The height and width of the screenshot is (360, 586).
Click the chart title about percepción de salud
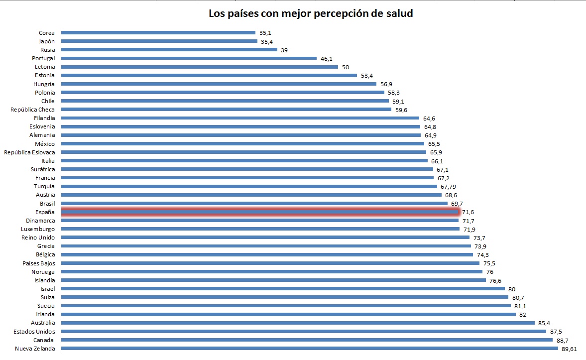310,13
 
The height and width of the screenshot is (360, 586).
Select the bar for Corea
158,33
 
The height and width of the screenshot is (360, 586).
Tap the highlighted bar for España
259,212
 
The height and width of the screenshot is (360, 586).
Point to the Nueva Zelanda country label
35,349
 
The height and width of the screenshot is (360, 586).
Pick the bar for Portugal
189,58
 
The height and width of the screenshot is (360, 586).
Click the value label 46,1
327,58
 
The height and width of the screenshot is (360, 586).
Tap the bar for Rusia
169,50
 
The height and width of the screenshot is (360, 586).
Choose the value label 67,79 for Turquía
449,186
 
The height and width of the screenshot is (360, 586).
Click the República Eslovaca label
29,152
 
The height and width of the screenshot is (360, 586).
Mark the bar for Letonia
199,67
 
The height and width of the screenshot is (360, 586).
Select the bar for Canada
307,340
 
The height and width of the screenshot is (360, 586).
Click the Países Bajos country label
38,263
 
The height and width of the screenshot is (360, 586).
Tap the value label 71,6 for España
468,212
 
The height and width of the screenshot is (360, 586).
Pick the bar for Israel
283,289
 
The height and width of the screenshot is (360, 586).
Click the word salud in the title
398,13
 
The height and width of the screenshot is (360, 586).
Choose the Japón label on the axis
46,41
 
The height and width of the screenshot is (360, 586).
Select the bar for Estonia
209,76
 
